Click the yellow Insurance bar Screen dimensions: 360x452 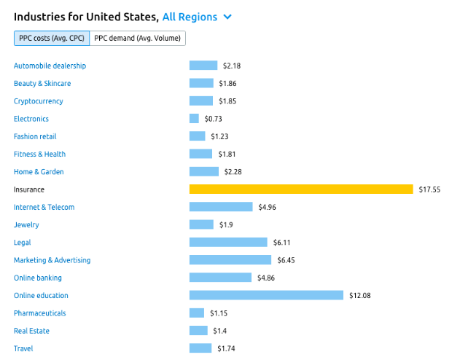[301, 189]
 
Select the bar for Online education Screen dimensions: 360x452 [266, 295]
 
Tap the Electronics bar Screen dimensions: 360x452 [194, 119]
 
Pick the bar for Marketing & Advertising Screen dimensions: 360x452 [230, 260]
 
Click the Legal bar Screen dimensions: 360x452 [228, 242]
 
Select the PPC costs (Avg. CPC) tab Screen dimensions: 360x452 [51, 38]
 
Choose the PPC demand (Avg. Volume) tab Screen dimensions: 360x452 [138, 38]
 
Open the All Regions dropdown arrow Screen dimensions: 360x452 [227, 17]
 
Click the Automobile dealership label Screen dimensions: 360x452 [50, 66]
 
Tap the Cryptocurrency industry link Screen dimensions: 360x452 [38, 101]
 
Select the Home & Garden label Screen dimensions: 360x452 [39, 172]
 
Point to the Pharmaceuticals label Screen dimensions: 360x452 [39, 313]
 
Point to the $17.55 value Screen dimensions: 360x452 [429, 189]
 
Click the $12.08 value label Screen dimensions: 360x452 [359, 295]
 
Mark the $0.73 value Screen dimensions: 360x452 [213, 119]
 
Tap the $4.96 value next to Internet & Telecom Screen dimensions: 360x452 [267, 207]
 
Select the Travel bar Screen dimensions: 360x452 [200, 348]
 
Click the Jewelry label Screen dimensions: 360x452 [26, 224]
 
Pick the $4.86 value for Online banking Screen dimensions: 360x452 [265, 278]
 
